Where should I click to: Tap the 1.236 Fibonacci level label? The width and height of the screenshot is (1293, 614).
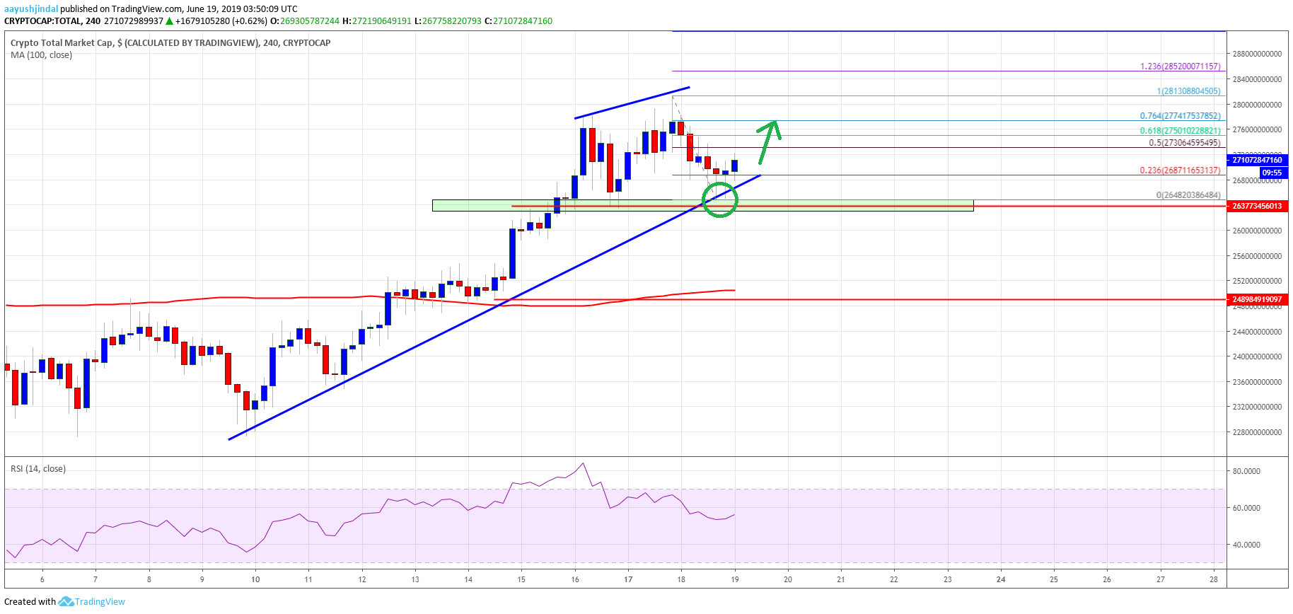point(1180,66)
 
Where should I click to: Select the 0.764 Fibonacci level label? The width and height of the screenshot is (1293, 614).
point(1180,116)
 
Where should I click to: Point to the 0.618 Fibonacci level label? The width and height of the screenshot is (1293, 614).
point(1180,131)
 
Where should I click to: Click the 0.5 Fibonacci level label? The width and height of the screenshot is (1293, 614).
point(1184,143)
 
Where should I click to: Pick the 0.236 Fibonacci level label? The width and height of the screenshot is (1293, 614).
point(1180,170)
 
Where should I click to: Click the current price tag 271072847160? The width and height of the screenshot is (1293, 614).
point(1257,161)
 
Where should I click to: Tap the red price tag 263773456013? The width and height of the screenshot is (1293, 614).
point(1257,207)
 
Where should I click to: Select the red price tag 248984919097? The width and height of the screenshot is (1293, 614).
point(1257,300)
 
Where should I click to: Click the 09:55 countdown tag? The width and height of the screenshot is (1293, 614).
point(1272,173)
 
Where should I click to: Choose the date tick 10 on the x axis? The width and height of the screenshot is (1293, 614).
point(255,579)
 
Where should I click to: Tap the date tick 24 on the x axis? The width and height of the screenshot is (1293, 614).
point(1001,579)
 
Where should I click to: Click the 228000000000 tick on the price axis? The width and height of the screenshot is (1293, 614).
point(1257,432)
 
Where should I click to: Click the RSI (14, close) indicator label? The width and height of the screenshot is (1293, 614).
point(38,469)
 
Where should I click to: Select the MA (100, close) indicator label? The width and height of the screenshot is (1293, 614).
point(41,55)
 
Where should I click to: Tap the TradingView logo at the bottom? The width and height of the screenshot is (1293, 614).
point(92,602)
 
